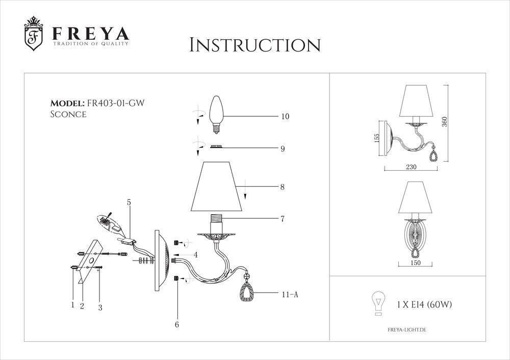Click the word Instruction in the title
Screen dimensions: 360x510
[254, 45]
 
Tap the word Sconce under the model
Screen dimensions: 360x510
[68, 114]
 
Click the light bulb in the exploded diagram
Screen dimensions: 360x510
[217, 115]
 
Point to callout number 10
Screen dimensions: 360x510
[285, 117]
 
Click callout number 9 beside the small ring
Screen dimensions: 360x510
[282, 149]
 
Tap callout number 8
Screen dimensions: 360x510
[282, 187]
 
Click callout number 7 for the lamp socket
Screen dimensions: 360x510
[282, 219]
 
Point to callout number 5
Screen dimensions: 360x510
[129, 202]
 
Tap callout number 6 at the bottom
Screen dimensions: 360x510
[176, 324]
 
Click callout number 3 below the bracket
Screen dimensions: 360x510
[100, 307]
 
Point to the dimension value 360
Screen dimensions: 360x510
[444, 122]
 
